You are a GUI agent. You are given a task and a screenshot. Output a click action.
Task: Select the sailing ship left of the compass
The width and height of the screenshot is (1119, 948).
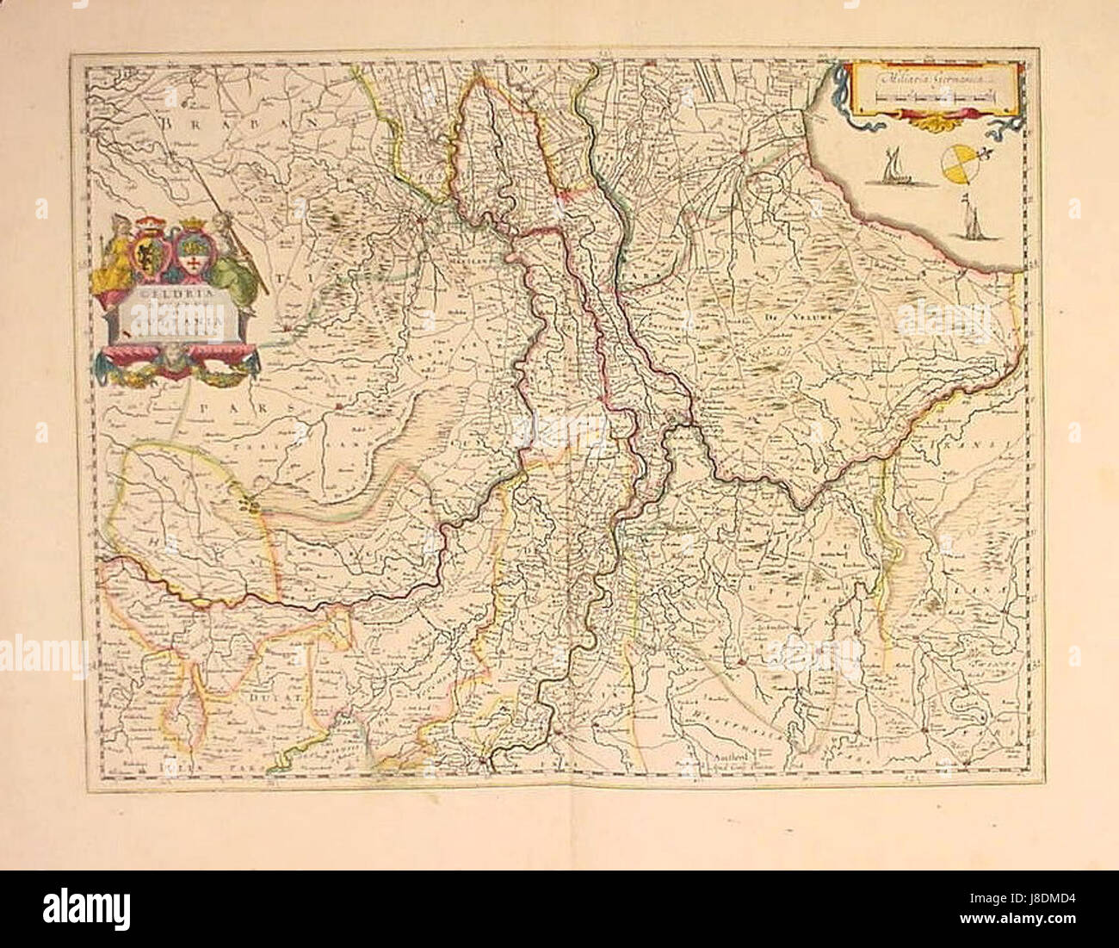[x=889, y=169]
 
